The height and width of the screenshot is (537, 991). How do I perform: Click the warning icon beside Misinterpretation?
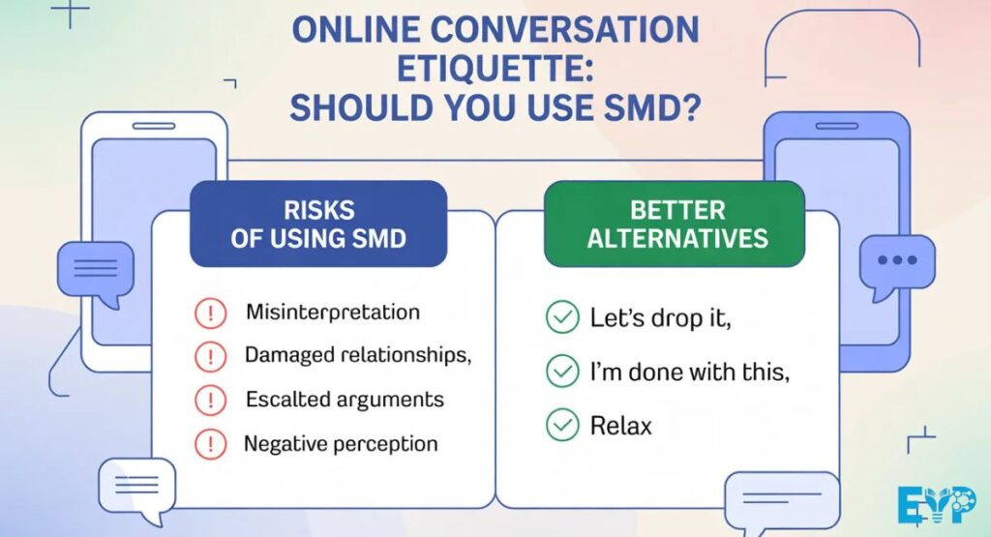click(x=210, y=313)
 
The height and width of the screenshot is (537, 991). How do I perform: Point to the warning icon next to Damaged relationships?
click(x=210, y=356)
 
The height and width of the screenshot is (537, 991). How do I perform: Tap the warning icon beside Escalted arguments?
click(x=210, y=400)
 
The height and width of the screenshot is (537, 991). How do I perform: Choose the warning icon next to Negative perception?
click(x=210, y=444)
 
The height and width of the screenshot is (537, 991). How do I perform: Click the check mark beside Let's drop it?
click(x=561, y=317)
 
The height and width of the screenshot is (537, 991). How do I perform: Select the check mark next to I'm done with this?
click(x=561, y=370)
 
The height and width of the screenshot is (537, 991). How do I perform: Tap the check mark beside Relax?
click(x=561, y=424)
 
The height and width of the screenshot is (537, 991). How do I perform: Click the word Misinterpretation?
click(x=332, y=313)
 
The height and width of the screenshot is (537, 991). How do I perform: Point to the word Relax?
click(x=621, y=424)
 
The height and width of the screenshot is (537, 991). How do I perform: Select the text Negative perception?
click(x=340, y=444)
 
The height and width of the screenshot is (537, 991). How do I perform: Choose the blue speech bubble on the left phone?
click(x=94, y=269)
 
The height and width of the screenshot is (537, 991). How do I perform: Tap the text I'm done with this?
click(x=689, y=370)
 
